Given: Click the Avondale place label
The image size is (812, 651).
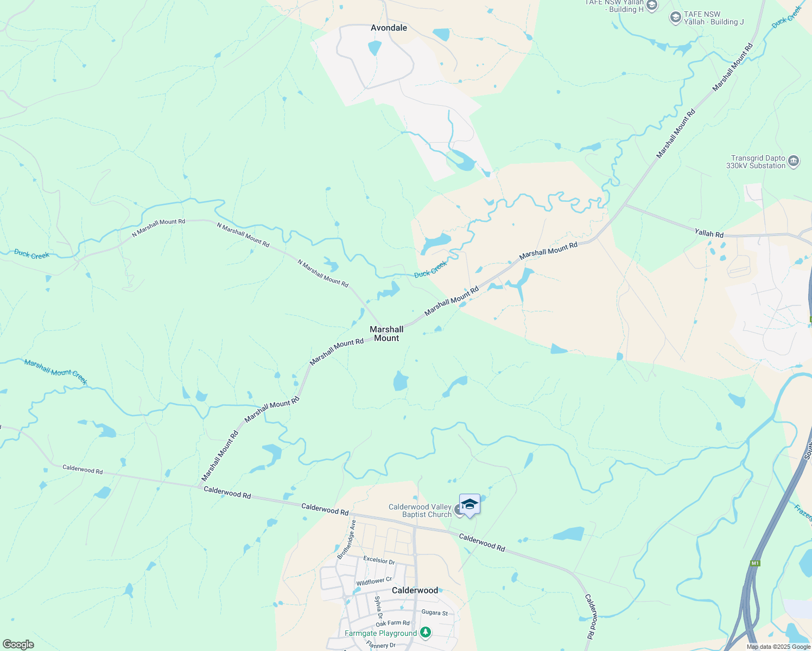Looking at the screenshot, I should point(389,28).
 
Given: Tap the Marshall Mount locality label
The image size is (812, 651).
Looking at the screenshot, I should point(386,334).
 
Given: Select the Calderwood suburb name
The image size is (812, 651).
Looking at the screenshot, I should point(415,590).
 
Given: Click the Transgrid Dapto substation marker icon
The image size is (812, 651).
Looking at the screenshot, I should point(794,161).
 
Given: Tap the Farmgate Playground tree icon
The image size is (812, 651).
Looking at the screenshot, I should point(426,633).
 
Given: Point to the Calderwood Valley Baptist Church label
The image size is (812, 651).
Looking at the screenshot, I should point(421,510).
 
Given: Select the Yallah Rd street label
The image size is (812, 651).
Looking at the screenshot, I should point(709,233).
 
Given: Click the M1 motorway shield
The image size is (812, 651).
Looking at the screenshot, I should point(754,563).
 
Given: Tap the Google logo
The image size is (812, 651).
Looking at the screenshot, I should point(18,644).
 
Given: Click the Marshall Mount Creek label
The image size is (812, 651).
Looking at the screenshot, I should point(55,371).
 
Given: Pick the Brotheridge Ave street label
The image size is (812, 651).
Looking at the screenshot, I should point(347,539).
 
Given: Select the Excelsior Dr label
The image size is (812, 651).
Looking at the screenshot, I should point(379,560).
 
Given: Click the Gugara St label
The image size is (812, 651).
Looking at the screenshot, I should point(435,612).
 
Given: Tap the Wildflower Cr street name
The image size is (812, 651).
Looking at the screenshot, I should point(374,582).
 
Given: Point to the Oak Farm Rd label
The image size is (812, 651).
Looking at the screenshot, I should point(392,623).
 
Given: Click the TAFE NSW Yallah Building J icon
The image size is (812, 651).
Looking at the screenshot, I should point(675,18).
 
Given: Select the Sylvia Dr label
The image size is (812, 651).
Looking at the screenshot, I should point(378,607).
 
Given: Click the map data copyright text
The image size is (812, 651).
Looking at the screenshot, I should point(778,647).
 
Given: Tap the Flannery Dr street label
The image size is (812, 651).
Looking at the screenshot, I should point(380,645).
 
